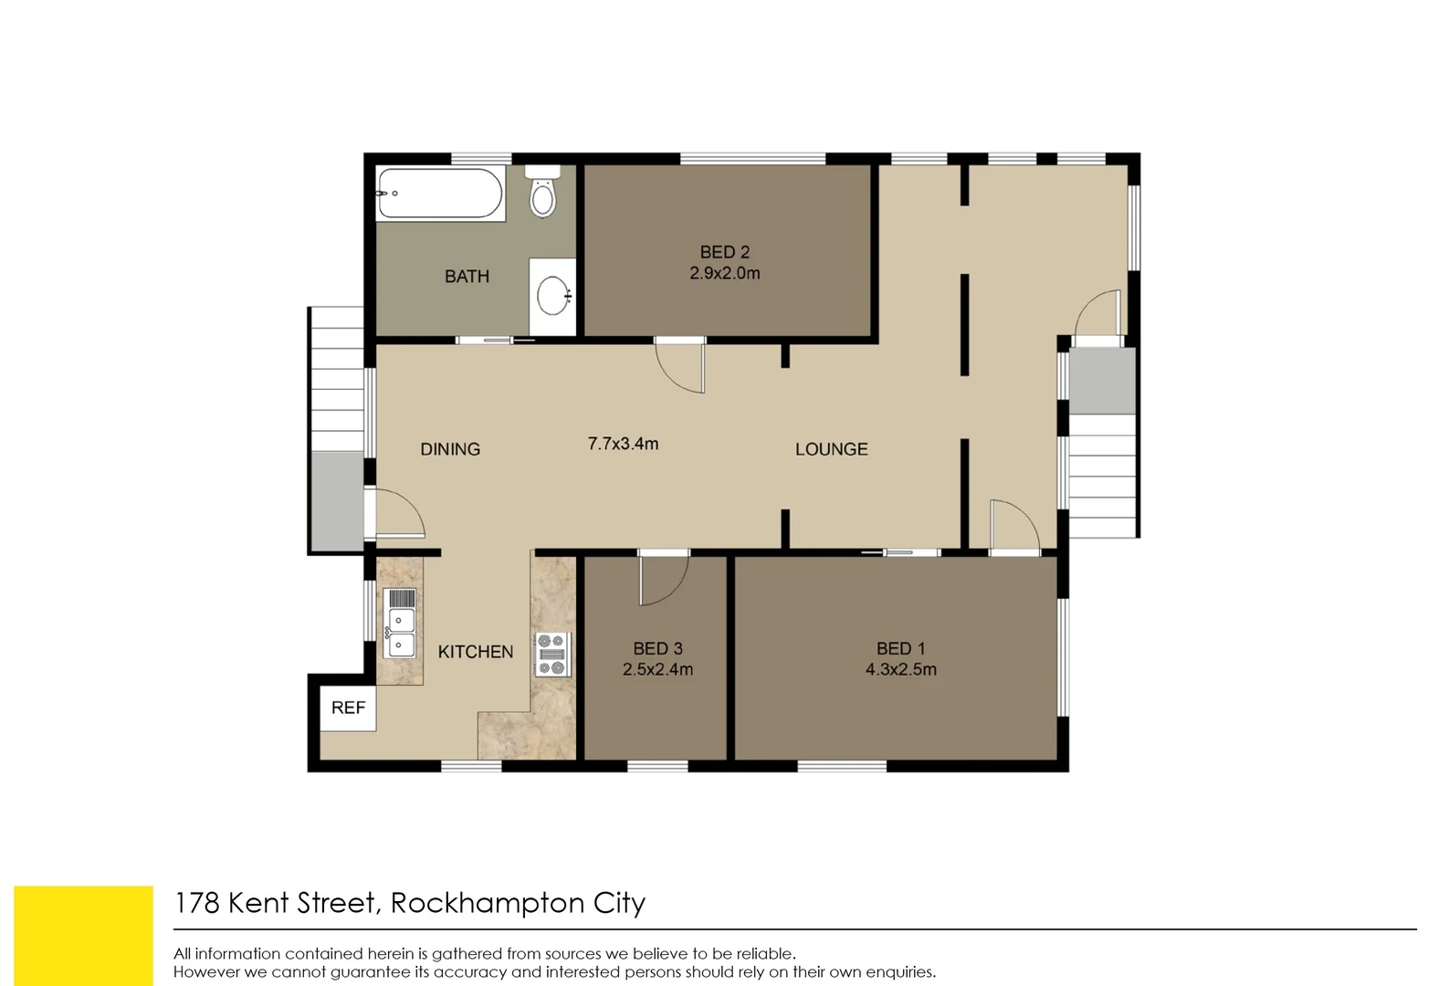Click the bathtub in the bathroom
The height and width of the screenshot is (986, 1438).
441,193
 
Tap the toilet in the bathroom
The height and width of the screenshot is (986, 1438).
542,193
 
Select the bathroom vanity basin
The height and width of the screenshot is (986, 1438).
552,296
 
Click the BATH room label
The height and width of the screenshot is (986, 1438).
467,276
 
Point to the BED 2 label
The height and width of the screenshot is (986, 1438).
724,252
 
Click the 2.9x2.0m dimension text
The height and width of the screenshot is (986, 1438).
724,273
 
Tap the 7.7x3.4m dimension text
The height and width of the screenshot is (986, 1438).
623,444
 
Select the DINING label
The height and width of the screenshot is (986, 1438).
449,449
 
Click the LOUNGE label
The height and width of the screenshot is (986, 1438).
831,449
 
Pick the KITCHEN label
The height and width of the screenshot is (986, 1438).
475,652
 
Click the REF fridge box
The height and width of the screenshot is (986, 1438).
348,708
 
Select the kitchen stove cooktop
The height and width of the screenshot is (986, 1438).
552,654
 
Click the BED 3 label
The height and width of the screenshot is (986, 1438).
657,648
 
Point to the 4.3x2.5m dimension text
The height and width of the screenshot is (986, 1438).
900,669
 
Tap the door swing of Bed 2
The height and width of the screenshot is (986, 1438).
680,365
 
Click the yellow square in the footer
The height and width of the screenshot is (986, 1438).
83,935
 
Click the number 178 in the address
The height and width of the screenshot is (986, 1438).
196,903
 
